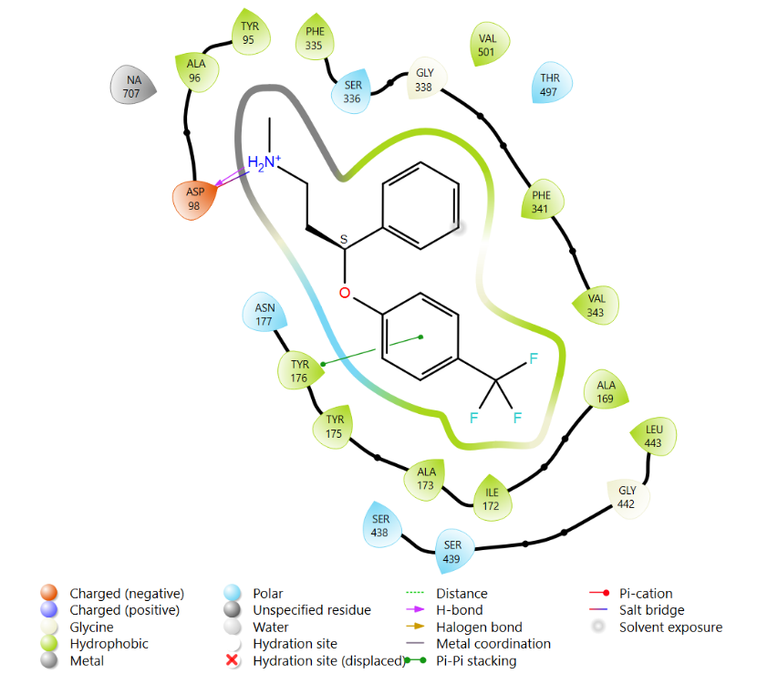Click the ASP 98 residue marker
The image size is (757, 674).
pos(194,200)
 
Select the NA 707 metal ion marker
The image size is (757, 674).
pos(132,86)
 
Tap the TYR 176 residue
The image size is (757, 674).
pos(299,370)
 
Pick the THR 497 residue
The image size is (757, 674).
pos(551,83)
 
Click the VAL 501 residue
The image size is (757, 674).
pos(489,45)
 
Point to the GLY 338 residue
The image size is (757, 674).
pos(426,79)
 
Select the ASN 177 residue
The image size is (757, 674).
pos(264,313)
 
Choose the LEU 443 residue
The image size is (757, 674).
pos(654,436)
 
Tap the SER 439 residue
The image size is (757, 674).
pos(453,552)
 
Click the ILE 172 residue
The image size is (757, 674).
pos(492,498)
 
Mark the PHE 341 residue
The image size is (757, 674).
pos(542,200)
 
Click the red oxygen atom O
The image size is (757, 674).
pos(344,293)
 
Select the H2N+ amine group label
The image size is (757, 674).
pos(264,163)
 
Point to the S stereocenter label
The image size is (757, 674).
pos(344,239)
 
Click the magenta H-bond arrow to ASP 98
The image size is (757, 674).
pos(231,177)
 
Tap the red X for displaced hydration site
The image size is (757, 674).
pos(233,659)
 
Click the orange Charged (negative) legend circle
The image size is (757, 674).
pos(48,593)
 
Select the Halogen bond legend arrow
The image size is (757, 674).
pos(415,627)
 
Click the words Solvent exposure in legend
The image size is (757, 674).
pos(670,627)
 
